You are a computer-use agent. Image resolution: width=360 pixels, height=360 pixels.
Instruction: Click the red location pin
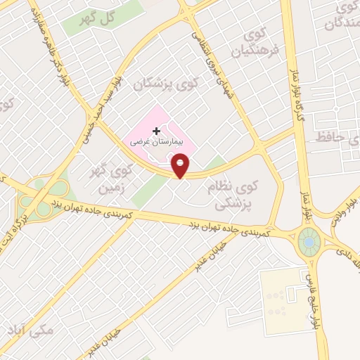click(181, 167)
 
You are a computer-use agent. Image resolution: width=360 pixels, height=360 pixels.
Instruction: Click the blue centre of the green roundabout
click(308, 243)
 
